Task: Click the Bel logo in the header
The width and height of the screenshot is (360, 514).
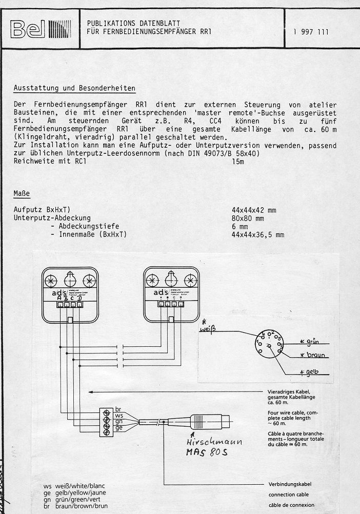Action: click(x=35, y=31)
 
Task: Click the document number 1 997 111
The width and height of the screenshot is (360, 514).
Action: click(x=311, y=32)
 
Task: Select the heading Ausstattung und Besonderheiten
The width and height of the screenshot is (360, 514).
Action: click(x=74, y=88)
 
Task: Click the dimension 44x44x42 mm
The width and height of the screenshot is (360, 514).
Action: click(x=254, y=210)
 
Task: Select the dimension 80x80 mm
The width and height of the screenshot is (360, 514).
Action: click(x=248, y=218)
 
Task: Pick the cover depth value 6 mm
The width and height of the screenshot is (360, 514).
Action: click(x=240, y=226)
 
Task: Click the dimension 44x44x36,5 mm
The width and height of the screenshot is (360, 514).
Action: click(x=258, y=234)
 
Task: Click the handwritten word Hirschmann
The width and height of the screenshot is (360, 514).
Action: click(x=215, y=442)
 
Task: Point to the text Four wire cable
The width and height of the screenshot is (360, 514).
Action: click(x=289, y=412)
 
